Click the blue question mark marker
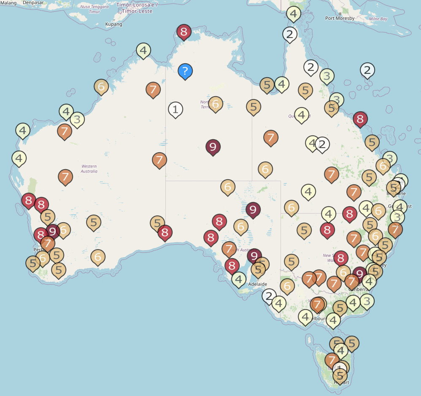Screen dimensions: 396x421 (185, 71)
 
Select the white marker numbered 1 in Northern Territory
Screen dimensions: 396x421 (175, 110)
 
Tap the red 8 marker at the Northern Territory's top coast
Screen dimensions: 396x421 (184, 32)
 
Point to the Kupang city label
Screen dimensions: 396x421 (113, 24)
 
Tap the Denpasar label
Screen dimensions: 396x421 (33, 3)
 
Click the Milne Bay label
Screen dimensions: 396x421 (378, 19)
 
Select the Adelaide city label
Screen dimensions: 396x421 (258, 284)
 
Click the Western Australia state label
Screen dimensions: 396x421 (89, 169)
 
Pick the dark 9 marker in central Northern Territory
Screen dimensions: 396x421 (213, 147)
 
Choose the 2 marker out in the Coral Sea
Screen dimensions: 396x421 (367, 70)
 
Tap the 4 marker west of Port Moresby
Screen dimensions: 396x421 (294, 13)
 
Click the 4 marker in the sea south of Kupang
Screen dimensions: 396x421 (143, 51)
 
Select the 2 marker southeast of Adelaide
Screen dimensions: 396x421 (269, 296)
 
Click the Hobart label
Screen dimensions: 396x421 (341, 383)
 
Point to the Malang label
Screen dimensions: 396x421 (9, 3)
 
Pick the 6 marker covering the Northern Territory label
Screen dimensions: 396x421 (216, 103)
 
